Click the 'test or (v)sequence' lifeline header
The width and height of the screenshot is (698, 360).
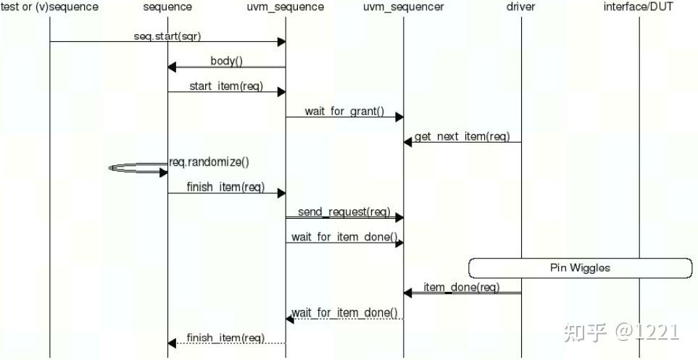49,7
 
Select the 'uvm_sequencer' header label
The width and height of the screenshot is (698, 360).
404,7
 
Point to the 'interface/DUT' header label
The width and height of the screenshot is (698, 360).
639,7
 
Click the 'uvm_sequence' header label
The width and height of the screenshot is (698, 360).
286,7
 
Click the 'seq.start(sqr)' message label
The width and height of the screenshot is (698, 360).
167,36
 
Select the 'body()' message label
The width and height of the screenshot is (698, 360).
227,62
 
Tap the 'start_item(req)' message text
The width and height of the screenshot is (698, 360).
226,86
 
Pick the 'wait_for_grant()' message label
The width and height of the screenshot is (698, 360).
344,112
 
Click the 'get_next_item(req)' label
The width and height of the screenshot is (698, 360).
462,137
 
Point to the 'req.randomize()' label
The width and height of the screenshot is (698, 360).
209,162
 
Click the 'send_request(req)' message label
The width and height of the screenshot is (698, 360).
344,212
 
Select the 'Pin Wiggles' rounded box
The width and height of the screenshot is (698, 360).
580,268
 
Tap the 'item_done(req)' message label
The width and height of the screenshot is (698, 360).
462,288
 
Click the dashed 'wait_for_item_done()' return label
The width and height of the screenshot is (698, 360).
344,313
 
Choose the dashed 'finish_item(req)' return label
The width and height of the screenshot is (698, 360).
225,338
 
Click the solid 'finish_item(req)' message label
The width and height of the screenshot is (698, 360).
225,187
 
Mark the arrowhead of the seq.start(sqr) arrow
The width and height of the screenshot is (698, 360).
281,42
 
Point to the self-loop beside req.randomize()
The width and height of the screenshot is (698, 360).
138,169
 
